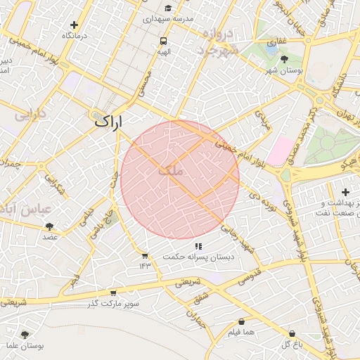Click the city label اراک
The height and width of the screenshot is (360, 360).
[x=108, y=121]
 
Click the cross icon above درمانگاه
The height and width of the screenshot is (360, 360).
[x=74, y=25]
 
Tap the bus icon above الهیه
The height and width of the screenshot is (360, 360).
[x=163, y=41]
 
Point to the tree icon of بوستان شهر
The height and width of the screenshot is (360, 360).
[x=284, y=60]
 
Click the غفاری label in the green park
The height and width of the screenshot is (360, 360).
[x=276, y=41]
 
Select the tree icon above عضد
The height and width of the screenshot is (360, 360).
[x=49, y=226]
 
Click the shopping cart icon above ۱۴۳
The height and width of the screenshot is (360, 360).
[x=145, y=256]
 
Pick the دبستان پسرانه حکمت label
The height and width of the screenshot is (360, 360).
[x=198, y=257]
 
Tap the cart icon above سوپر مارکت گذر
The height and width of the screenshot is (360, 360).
[x=113, y=294]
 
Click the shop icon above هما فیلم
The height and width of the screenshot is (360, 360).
[x=241, y=321]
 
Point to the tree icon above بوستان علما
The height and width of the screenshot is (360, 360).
[x=25, y=335]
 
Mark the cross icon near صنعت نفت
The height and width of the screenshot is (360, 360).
[x=345, y=192]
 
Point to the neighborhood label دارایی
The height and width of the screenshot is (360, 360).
[x=31, y=115]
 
